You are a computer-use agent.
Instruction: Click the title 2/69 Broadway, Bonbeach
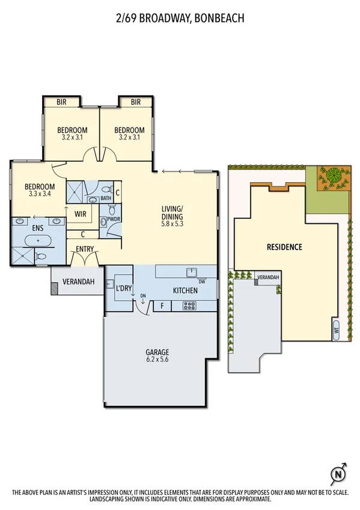coord(180,19)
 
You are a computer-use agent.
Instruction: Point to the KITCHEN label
coord(185,290)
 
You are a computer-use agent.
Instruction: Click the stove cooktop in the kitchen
coord(189,306)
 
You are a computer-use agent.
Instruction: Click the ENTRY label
coord(85,248)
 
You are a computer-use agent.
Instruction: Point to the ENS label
coord(22,228)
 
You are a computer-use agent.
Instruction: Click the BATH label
coord(106,198)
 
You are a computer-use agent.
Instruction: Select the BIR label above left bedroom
coord(61,102)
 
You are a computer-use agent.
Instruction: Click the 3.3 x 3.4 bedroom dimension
coord(40,194)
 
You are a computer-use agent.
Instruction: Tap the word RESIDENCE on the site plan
coord(284,247)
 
